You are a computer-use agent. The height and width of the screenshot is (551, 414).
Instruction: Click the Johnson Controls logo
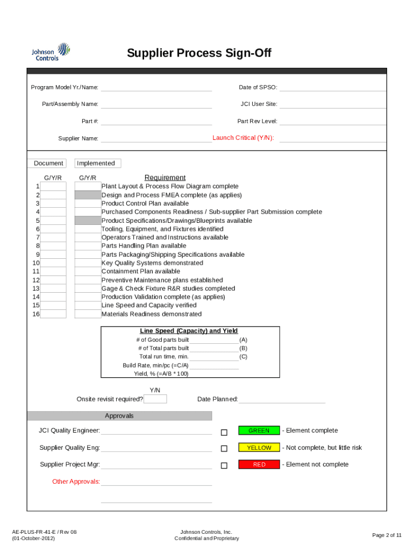tap(51, 52)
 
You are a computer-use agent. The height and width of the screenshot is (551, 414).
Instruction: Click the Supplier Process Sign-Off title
tap(199, 53)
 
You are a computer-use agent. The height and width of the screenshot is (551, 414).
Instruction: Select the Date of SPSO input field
tap(332, 87)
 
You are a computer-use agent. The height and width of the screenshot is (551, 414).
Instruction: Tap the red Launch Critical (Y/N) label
tap(243, 138)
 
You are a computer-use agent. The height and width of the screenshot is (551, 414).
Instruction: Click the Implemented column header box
tap(98, 163)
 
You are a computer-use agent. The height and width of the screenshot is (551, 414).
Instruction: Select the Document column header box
tap(48, 163)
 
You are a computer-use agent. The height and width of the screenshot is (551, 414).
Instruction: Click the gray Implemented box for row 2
tap(88, 195)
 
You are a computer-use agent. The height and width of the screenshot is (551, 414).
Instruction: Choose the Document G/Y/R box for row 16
tap(53, 314)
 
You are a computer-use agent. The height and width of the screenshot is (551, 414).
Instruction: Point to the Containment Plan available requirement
tap(141, 271)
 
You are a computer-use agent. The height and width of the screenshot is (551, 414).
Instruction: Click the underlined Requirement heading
tap(165, 178)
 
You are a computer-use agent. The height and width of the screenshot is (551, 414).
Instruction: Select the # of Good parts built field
tap(214, 340)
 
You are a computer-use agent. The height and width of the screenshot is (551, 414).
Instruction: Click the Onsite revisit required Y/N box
tap(155, 399)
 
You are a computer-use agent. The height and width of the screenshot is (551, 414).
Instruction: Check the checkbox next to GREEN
tap(224, 432)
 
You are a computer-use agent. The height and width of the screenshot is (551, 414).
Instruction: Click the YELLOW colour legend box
tap(259, 448)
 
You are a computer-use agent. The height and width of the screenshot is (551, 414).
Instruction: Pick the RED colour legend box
tap(259, 464)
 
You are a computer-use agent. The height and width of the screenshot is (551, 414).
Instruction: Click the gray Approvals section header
tap(119, 416)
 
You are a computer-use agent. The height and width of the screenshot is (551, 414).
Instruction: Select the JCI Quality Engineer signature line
tap(156, 430)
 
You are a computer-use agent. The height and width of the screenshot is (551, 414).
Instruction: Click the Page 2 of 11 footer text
tap(387, 535)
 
